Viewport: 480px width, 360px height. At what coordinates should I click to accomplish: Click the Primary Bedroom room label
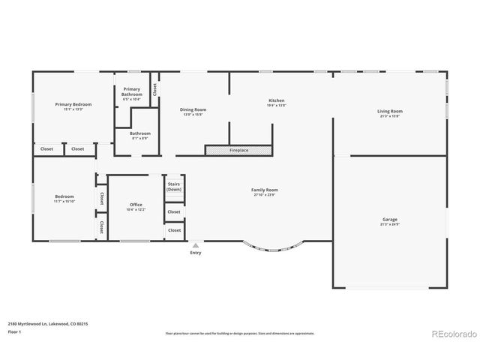coord(73,104)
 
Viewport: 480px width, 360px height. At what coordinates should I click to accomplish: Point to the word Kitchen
coord(277,100)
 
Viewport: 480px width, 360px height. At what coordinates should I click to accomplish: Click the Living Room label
coord(389,111)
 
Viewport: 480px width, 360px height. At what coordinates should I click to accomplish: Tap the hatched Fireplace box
coord(238,151)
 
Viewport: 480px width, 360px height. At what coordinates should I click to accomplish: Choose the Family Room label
coord(265,190)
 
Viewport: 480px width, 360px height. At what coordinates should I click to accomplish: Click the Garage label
coord(389,219)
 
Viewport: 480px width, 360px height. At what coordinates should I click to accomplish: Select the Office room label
coord(136,205)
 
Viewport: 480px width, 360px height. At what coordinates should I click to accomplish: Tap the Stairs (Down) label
coord(174,186)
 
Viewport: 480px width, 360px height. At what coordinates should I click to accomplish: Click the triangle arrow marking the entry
coord(196,245)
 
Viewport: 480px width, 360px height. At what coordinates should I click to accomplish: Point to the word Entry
coord(196,253)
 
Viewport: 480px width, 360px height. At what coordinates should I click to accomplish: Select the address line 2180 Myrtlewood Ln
coord(48,323)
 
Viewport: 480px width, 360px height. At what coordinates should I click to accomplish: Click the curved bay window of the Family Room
coord(274,250)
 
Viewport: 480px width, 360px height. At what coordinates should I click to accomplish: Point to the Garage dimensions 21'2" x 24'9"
coord(389,224)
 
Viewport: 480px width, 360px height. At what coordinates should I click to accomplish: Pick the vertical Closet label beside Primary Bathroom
coord(155,88)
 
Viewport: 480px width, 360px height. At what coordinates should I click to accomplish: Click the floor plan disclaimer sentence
coord(239,333)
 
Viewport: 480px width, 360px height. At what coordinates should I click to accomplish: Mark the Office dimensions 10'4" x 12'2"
coord(136,210)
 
